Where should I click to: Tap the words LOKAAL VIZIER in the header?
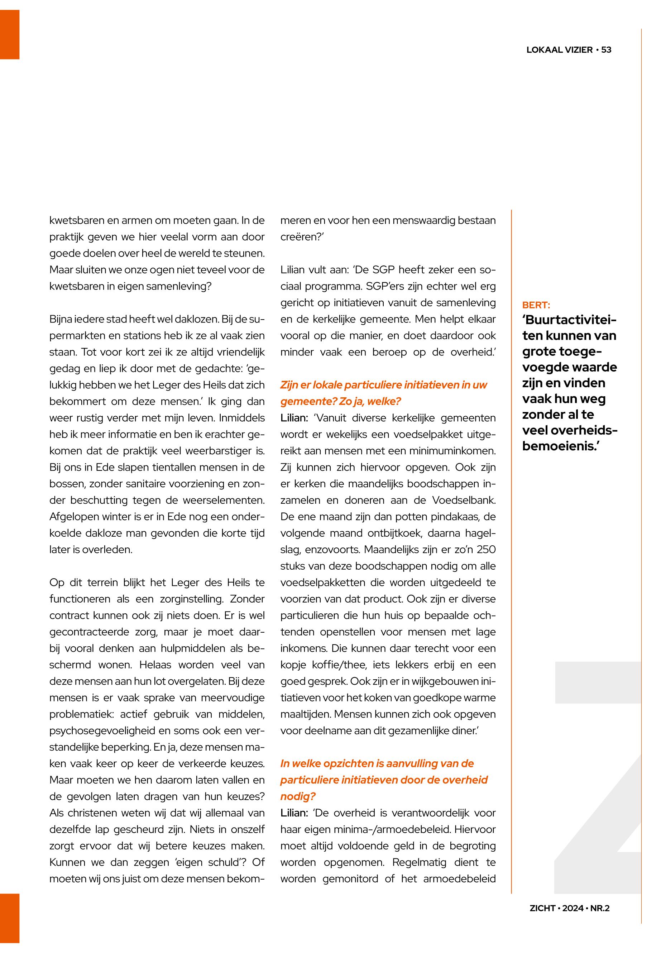tap(560, 50)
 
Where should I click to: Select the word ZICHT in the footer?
tap(542, 908)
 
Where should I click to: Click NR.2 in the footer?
tap(600, 908)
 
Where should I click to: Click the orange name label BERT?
tap(536, 305)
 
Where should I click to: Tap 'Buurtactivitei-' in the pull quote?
tap(570, 320)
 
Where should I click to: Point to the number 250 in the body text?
tap(486, 550)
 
